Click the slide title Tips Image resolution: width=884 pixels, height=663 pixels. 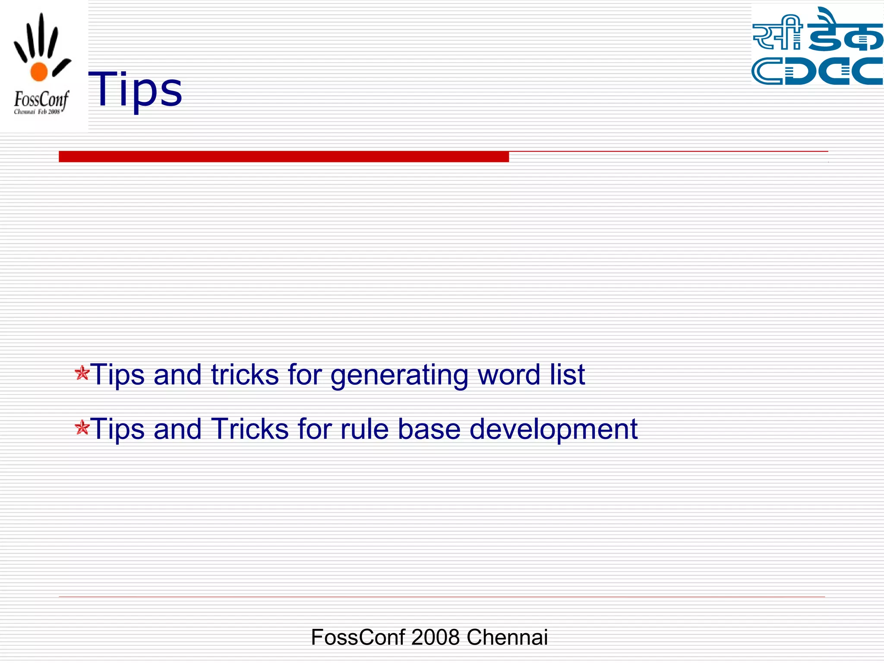135,90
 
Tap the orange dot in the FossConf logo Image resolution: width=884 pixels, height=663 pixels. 39,72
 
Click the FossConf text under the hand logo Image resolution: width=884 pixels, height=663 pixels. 41,100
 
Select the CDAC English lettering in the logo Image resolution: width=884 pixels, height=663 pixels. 817,71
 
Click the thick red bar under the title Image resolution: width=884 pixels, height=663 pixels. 284,157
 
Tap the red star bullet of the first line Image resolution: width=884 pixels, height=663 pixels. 82,373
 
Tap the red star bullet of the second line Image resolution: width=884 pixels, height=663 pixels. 82,428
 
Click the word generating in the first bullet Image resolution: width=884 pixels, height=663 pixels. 399,375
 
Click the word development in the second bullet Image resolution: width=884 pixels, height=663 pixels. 553,429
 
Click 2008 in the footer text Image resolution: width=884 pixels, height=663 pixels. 435,637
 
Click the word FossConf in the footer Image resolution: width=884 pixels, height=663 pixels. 358,637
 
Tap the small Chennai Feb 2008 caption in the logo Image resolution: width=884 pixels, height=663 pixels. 37,112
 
